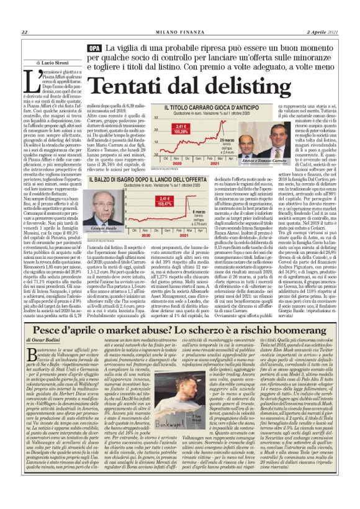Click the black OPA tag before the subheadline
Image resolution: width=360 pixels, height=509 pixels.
tap(95, 48)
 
